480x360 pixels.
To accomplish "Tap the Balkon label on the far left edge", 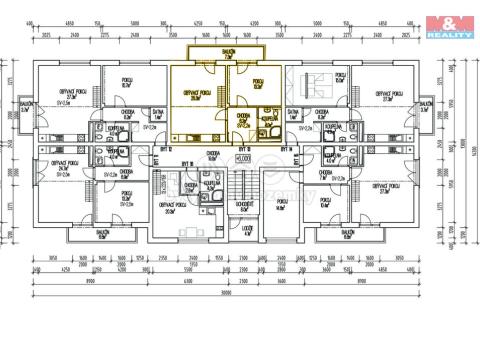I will click(x=25, y=107).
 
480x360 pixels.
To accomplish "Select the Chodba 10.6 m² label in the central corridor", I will click(x=212, y=156).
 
